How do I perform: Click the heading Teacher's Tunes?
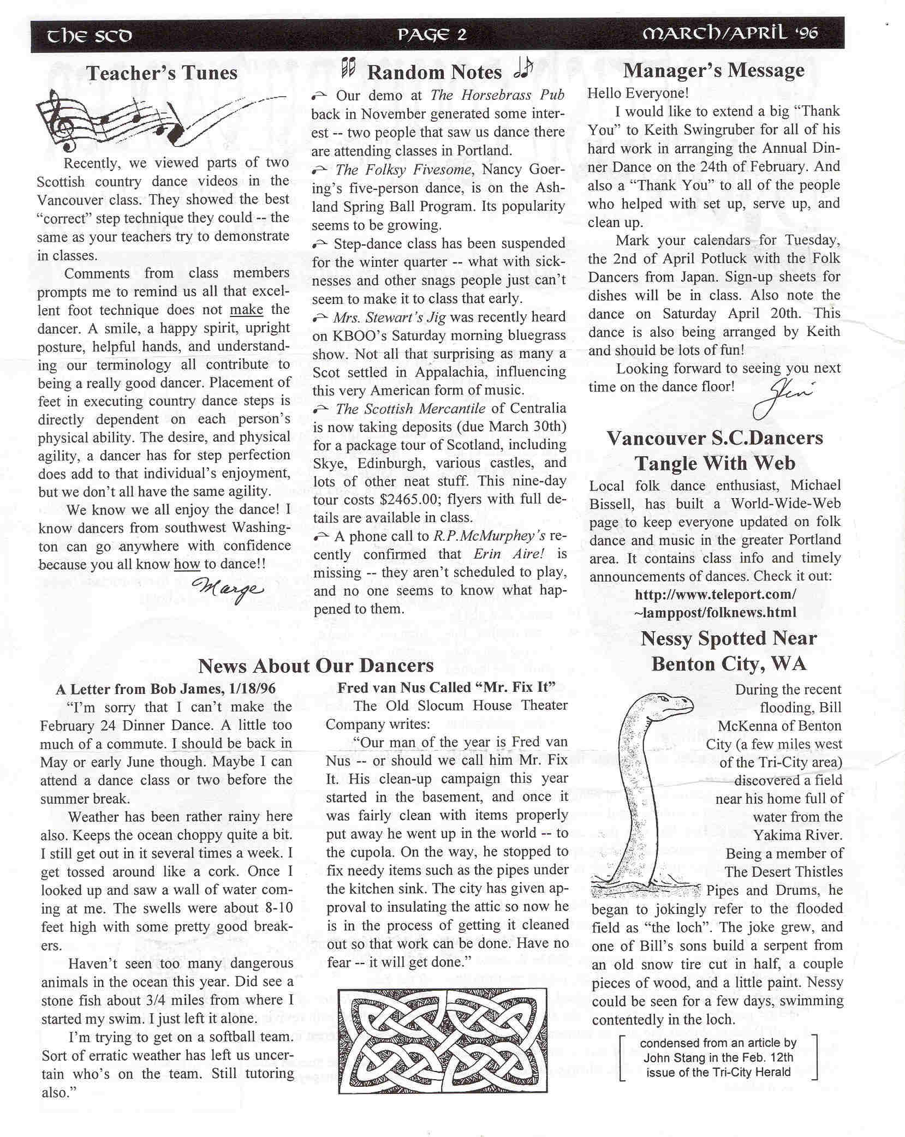click(162, 73)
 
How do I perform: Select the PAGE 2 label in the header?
click(432, 35)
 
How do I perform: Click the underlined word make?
click(246, 309)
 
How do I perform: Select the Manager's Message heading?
click(713, 70)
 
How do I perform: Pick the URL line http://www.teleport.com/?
click(715, 594)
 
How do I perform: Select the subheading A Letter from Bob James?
click(165, 689)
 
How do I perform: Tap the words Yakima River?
click(797, 835)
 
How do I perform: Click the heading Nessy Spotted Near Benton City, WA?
click(728, 651)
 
